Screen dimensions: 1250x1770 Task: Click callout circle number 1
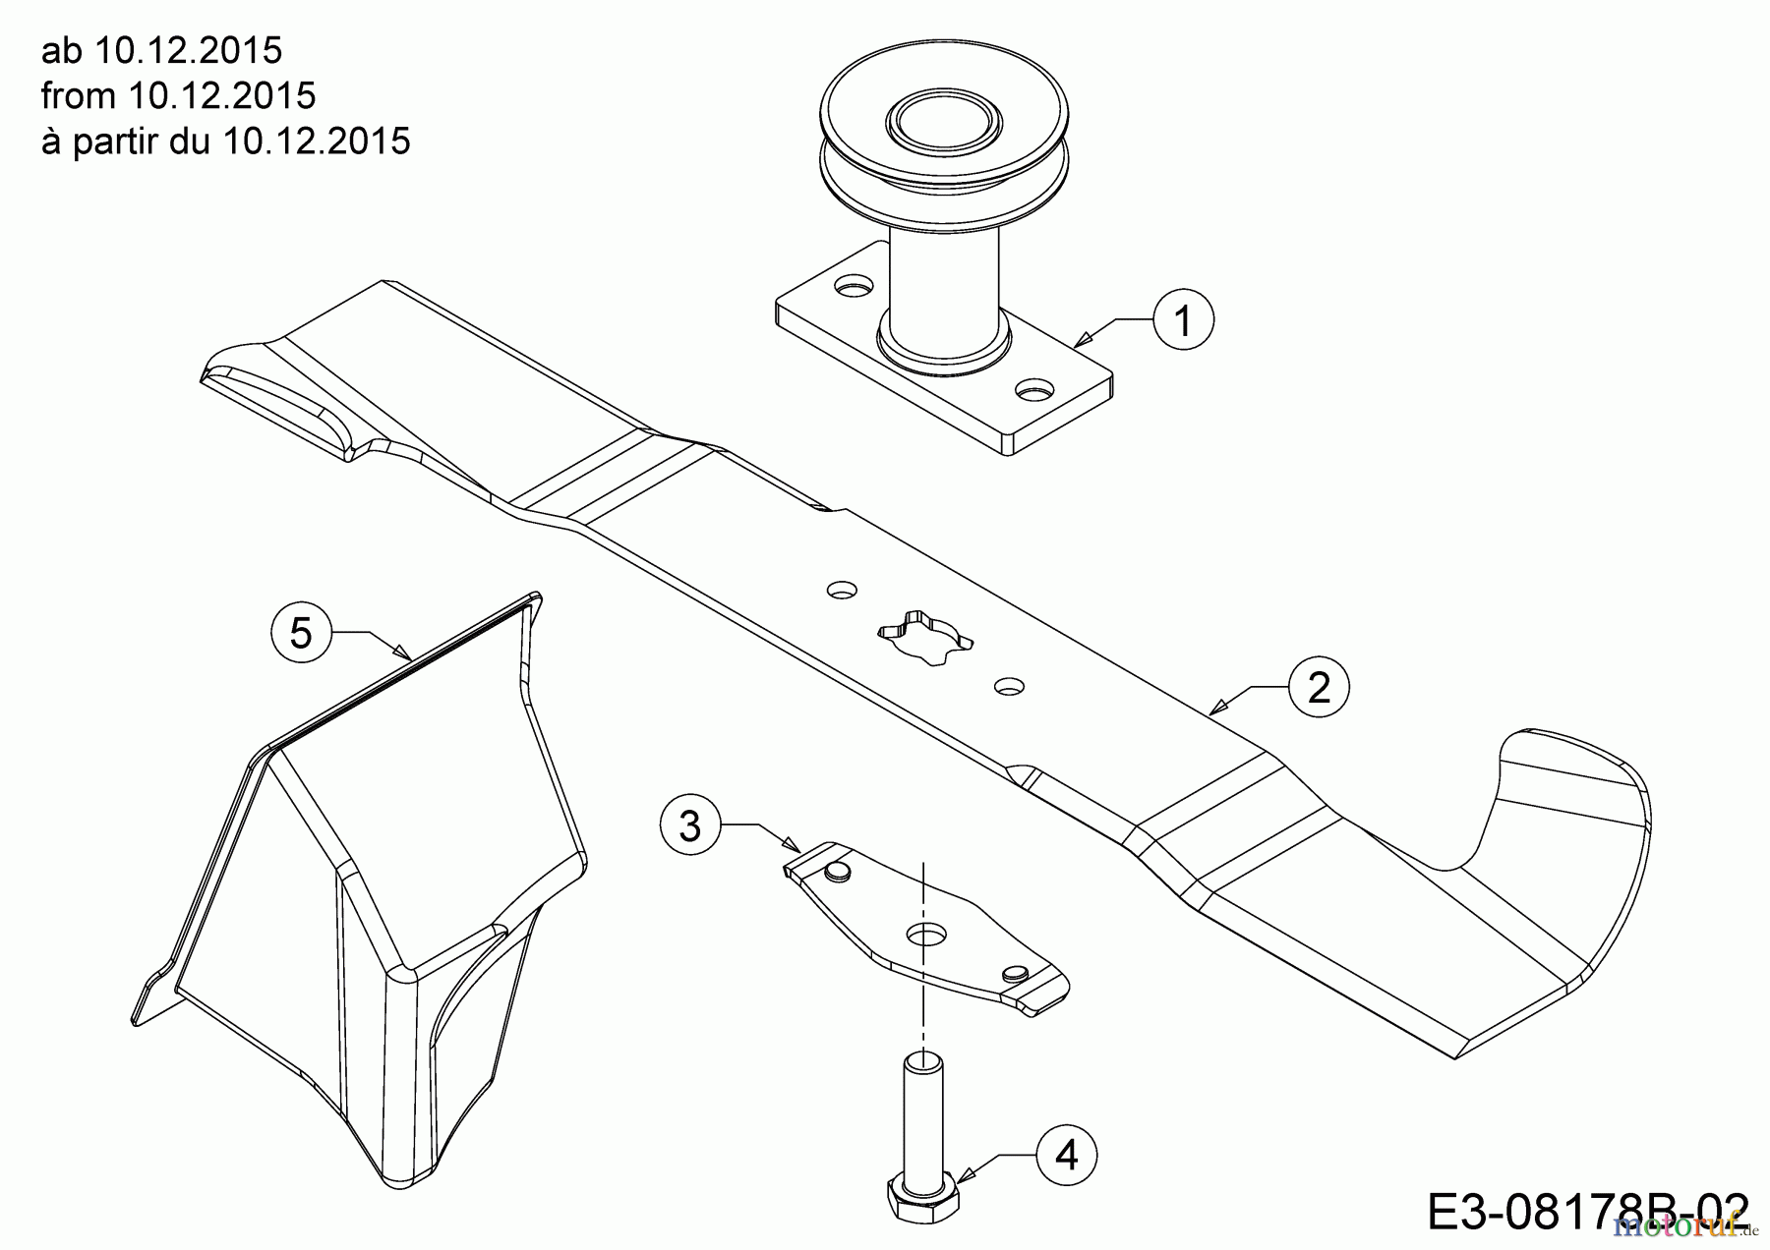tap(1184, 320)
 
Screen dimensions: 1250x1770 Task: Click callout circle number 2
tap(1319, 686)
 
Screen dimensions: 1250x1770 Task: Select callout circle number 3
tap(690, 825)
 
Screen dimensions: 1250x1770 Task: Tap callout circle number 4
tap(1067, 1155)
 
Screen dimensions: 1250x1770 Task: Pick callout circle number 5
tap(301, 632)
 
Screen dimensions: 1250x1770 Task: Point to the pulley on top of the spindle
tap(914, 147)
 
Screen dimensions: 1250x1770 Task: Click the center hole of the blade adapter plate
tap(921, 934)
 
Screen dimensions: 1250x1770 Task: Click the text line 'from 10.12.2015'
tap(178, 95)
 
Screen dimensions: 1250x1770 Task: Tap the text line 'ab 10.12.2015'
tap(162, 49)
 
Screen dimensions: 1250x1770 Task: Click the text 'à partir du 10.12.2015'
tap(225, 142)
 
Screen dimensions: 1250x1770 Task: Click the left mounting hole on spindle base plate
tap(853, 287)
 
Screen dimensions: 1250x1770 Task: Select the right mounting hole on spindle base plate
tap(1032, 391)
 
